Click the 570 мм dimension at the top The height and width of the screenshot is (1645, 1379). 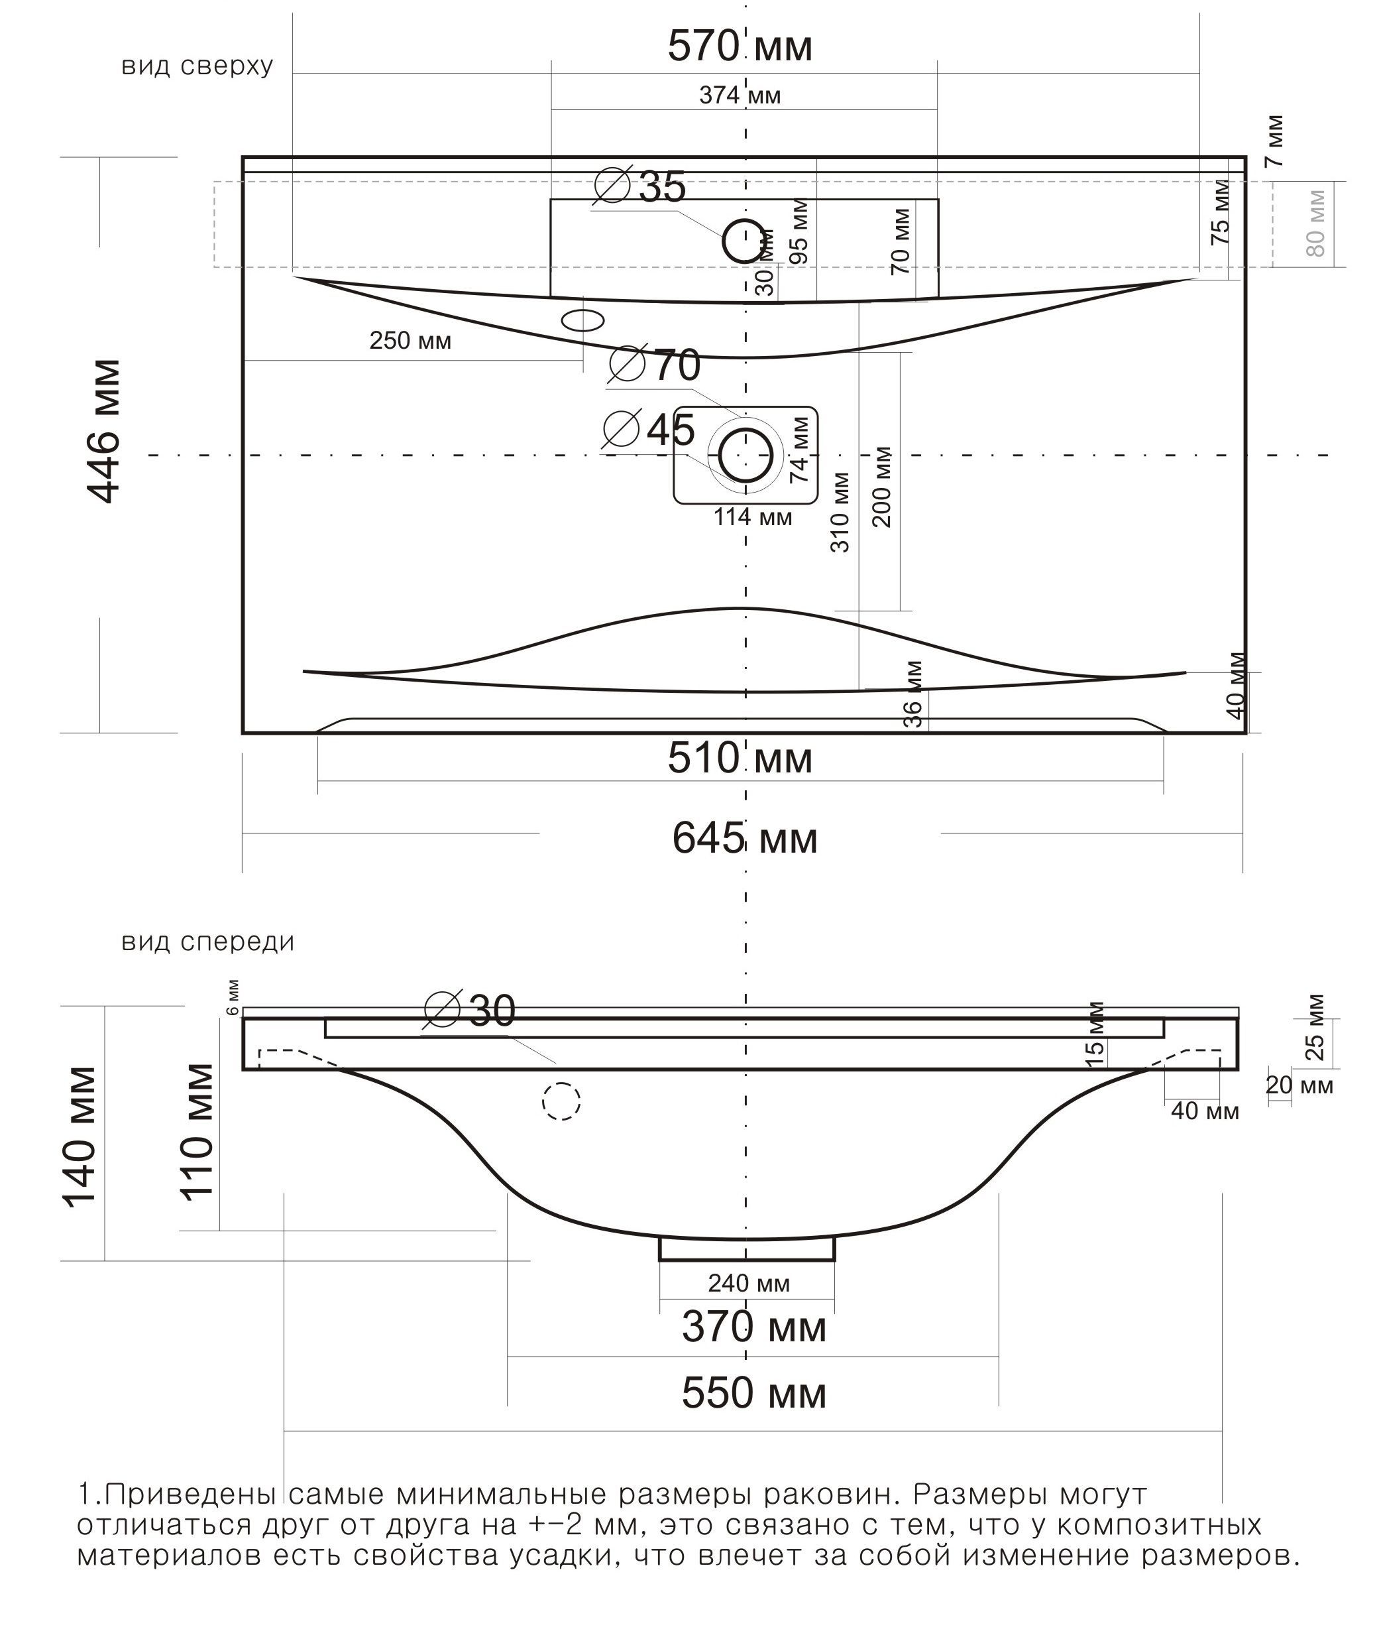(740, 47)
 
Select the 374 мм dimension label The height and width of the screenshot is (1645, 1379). (740, 95)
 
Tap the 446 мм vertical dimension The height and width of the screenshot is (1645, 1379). (103, 431)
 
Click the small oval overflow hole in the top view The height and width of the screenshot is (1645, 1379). (583, 320)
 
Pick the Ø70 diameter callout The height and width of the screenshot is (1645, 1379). (655, 365)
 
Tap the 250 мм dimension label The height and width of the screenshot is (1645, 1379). (410, 341)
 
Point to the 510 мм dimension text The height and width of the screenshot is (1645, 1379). (740, 759)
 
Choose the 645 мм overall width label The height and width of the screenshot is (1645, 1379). (744, 839)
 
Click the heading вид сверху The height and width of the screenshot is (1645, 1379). (197, 66)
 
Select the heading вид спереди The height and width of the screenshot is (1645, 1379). (207, 942)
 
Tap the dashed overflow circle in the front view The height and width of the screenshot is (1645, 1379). (561, 1101)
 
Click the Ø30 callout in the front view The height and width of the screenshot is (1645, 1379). (470, 1010)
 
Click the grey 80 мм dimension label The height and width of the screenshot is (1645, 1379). (1315, 223)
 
